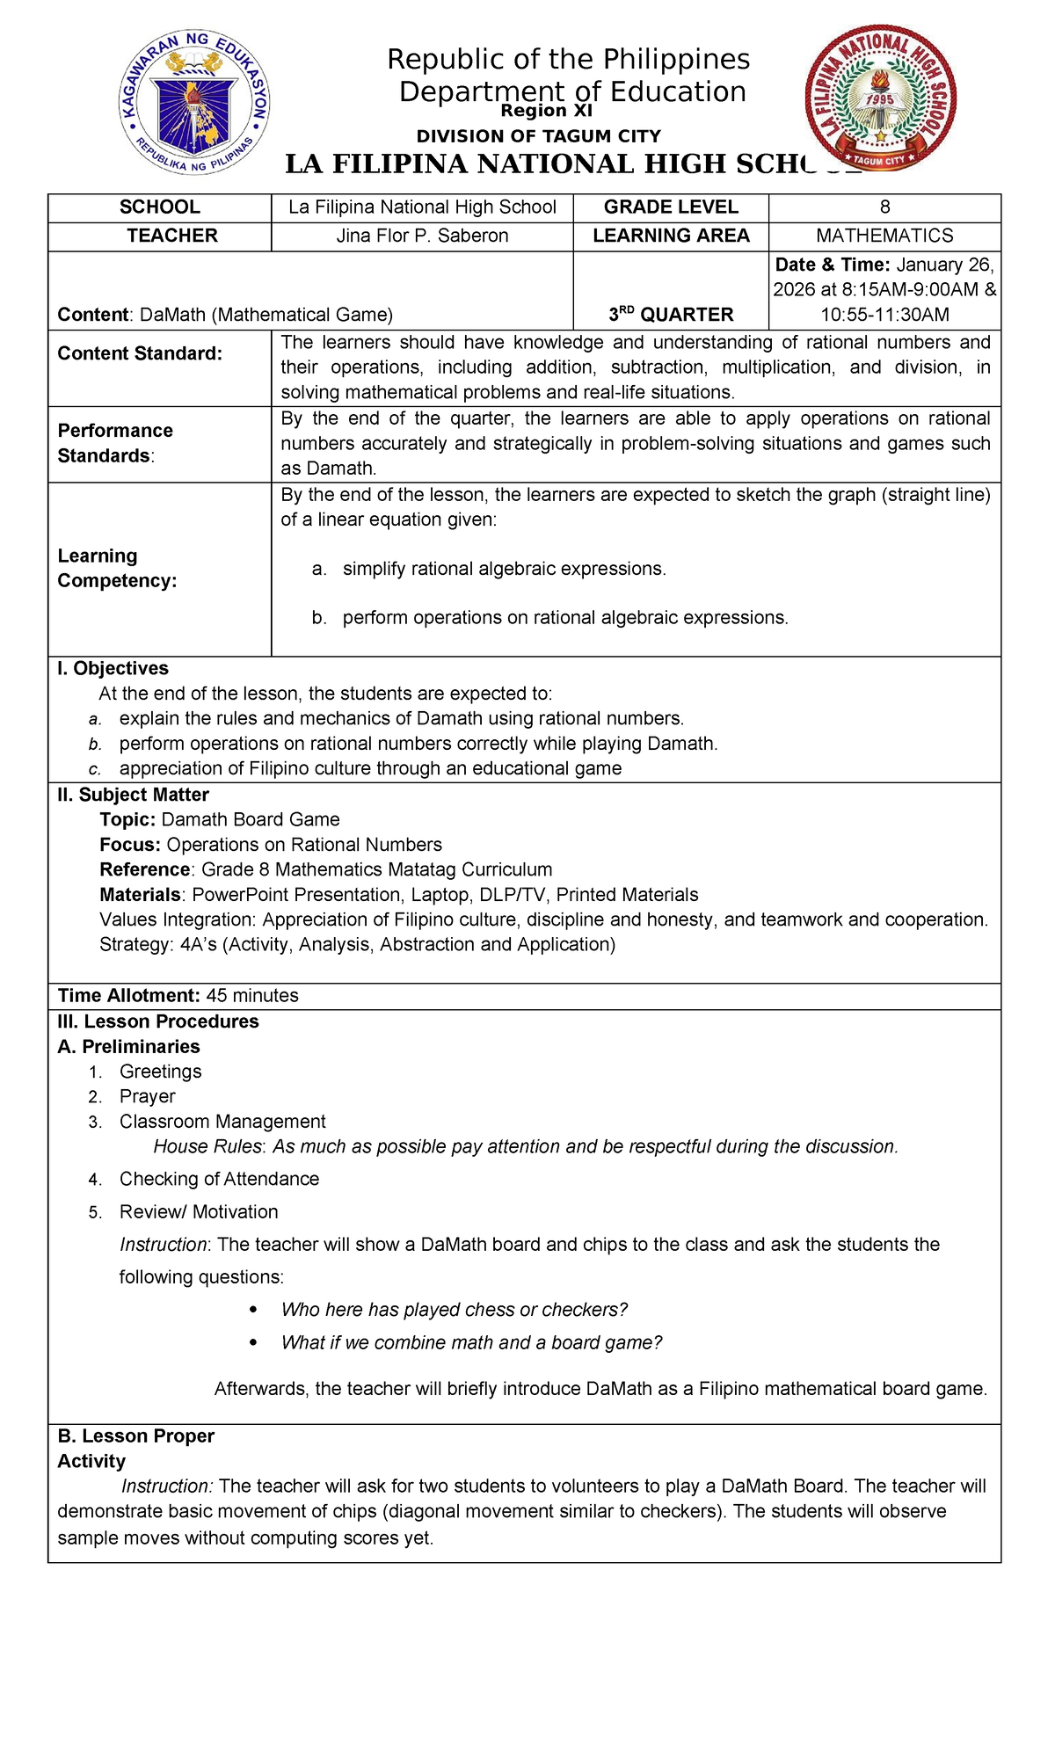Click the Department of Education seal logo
click(194, 105)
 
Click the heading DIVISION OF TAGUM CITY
click(538, 136)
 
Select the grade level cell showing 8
click(884, 207)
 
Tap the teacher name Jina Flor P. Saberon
click(422, 236)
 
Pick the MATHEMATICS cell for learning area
click(884, 236)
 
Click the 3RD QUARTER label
click(671, 314)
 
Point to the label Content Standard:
click(140, 353)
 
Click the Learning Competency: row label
click(117, 568)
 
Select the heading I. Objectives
click(113, 668)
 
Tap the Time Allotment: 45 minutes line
click(178, 995)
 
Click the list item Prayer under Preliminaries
click(148, 1096)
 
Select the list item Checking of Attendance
click(219, 1179)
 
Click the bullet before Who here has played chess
click(254, 1310)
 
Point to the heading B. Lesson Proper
click(135, 1435)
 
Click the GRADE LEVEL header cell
click(670, 207)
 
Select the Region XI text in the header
click(546, 111)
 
